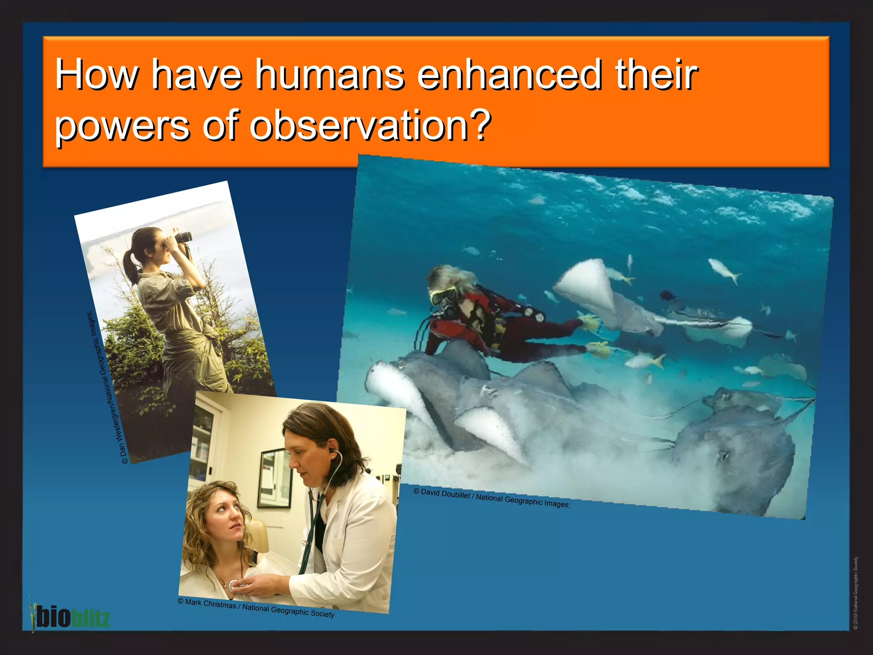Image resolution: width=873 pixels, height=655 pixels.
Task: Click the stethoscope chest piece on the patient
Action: coord(234,586)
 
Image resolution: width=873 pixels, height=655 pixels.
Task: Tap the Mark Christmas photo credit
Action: coord(256,608)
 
